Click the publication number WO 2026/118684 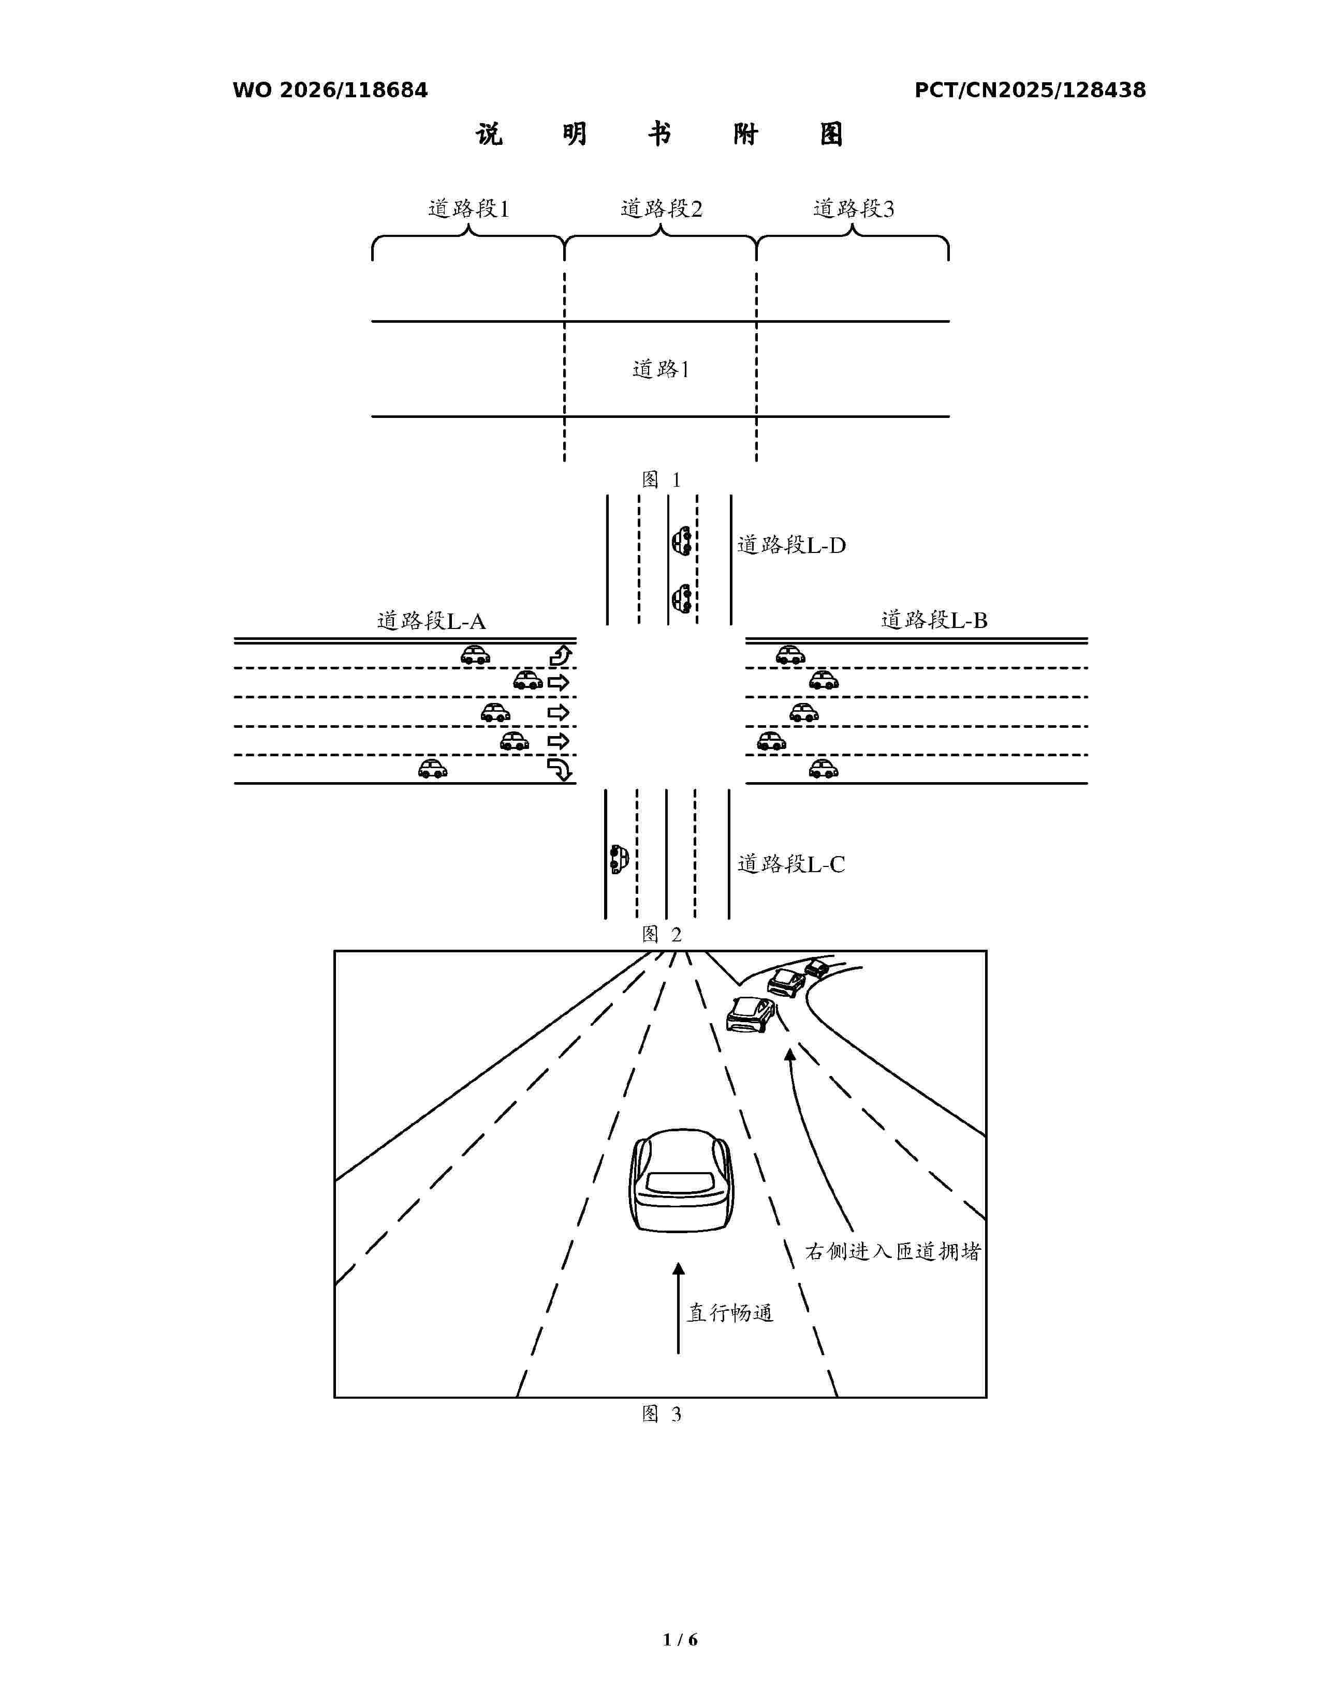(330, 90)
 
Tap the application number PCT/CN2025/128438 (1030, 90)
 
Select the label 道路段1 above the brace (468, 208)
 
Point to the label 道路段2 (662, 208)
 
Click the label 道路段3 (853, 208)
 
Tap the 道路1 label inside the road (661, 369)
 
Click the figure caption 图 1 (662, 479)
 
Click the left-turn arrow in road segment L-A (561, 655)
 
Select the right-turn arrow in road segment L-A (561, 770)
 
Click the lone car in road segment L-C (619, 859)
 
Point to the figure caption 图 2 (662, 934)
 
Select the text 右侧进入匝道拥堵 (893, 1251)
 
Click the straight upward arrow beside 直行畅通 (678, 1308)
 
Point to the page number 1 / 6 (680, 1639)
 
